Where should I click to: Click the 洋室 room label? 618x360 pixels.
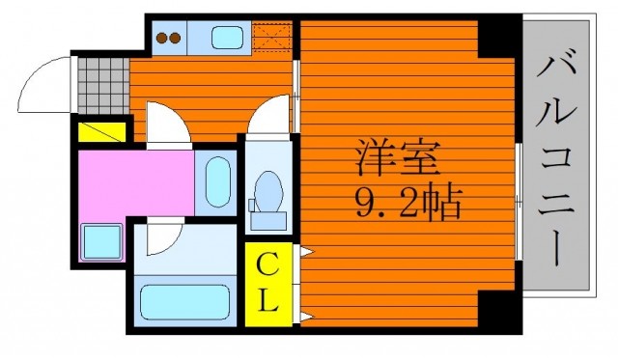398,158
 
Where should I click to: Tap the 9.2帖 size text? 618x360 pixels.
408,203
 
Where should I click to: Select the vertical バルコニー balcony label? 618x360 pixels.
555,160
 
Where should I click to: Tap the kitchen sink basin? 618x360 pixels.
228,38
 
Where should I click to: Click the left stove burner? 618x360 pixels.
162,39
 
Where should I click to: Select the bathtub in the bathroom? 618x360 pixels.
184,302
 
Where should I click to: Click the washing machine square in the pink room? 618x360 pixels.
101,242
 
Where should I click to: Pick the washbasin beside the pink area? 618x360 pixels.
218,182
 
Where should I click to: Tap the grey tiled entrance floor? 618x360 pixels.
103,86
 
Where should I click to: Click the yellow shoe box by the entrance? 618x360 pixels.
101,132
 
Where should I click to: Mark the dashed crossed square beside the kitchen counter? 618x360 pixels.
272,37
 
